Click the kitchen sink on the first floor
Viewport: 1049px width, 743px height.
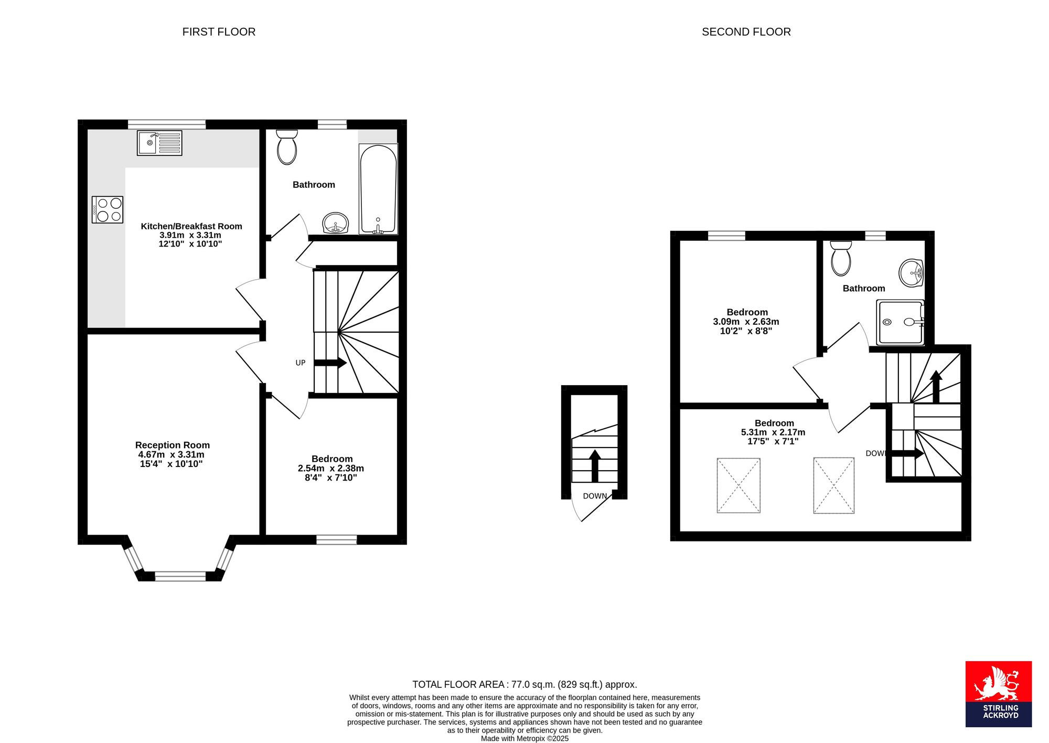point(159,143)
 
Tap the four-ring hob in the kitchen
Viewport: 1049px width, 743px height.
point(108,209)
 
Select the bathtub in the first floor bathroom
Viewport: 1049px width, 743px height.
point(378,189)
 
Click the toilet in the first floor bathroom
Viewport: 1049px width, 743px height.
point(286,147)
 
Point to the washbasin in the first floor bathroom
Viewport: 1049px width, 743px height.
point(335,223)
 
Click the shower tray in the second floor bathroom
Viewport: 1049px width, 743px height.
point(900,322)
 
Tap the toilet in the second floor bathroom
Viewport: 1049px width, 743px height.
point(841,258)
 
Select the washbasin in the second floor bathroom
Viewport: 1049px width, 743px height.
point(912,273)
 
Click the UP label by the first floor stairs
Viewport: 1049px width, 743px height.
point(301,363)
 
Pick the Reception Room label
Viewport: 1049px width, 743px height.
point(173,445)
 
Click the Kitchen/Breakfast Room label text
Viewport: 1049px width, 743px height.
point(191,226)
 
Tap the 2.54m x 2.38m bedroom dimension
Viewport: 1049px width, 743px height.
point(331,468)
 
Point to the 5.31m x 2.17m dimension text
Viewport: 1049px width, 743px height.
point(773,432)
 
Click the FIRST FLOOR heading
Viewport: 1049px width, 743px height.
point(219,32)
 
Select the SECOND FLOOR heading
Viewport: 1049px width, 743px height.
point(746,32)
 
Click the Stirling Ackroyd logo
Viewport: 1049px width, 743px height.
point(999,694)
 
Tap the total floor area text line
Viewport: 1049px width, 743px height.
point(524,684)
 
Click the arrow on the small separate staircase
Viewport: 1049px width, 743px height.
point(595,465)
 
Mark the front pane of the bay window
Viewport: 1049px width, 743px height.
point(180,576)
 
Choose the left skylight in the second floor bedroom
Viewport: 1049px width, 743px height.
point(738,485)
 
